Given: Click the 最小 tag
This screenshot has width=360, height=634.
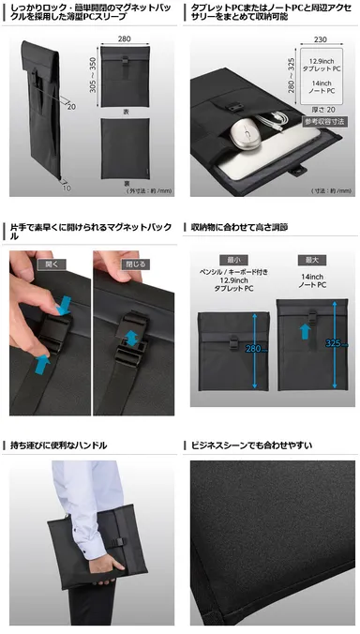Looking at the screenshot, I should point(232,259).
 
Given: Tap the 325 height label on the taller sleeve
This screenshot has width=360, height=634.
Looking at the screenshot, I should point(330,343).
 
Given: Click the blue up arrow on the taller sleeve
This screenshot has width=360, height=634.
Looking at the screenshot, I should point(304,330).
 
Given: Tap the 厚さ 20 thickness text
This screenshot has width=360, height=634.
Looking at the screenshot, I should point(313,110).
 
